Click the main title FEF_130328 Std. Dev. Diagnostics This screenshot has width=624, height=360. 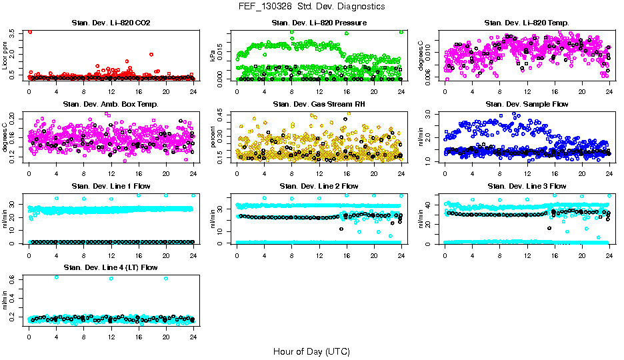tap(311, 6)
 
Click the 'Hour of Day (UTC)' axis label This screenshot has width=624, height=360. tap(311, 351)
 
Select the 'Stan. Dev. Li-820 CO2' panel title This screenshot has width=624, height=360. tap(111, 23)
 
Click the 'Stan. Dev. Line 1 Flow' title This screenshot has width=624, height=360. tap(111, 186)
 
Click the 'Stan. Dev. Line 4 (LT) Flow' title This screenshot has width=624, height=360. tap(111, 267)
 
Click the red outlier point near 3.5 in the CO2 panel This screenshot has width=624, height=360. tap(30, 31)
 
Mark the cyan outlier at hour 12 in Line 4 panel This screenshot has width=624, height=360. tap(111, 279)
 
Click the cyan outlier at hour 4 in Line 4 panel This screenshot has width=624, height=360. tap(56, 277)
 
